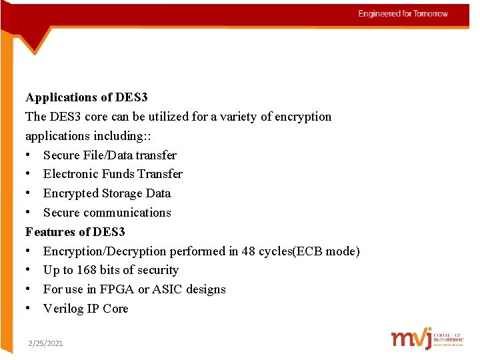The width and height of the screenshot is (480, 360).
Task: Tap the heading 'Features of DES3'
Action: tap(75, 232)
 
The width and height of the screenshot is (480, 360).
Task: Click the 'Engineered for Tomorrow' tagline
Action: tap(403, 14)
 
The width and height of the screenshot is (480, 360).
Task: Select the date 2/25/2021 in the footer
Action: tap(45, 343)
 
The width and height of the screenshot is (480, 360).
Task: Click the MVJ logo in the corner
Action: tap(427, 339)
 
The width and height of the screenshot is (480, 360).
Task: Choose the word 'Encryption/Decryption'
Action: tap(105, 251)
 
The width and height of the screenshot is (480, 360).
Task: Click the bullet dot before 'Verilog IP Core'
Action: tap(29, 309)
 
